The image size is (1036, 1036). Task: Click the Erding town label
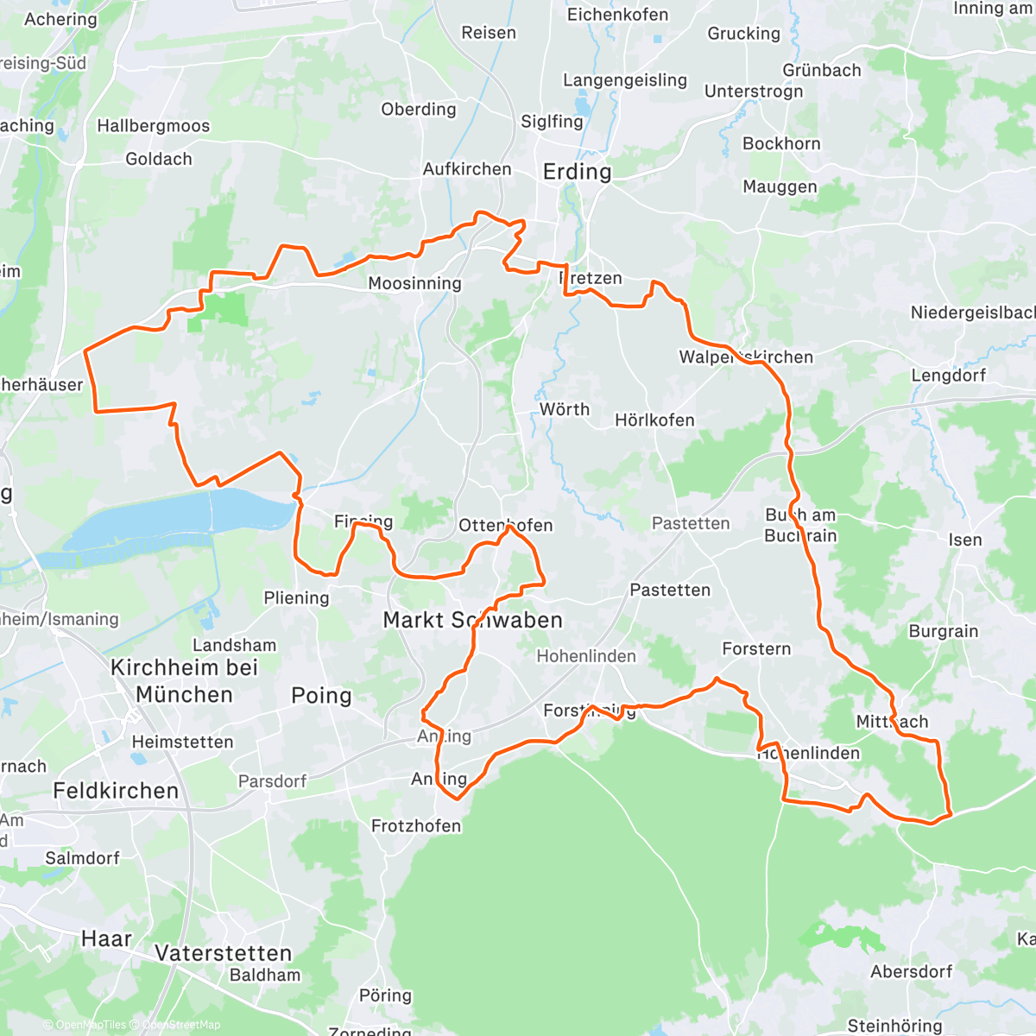[577, 172]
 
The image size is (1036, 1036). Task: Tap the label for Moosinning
[414, 283]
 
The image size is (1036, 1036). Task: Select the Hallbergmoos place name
[153, 126]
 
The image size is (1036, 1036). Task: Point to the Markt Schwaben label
[472, 620]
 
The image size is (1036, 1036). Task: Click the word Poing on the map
[321, 696]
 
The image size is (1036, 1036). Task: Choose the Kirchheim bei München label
[184, 681]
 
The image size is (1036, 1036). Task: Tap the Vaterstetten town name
[224, 953]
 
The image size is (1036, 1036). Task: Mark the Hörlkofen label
[654, 420]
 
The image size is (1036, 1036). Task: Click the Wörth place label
[565, 409]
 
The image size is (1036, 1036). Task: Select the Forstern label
[756, 648]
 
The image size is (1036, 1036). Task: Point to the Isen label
[965, 540]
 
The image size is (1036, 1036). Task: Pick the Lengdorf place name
[948, 376]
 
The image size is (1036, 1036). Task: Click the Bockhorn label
[781, 144]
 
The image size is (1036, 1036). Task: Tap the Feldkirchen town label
[116, 791]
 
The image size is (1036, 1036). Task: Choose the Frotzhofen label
[416, 826]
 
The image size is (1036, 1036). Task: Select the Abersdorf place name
[911, 971]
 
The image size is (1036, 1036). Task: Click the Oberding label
[419, 110]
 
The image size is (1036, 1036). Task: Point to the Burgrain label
[944, 631]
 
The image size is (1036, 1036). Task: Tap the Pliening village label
[296, 598]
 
